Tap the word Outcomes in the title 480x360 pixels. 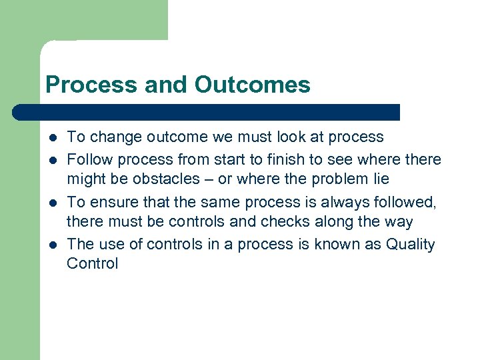[x=253, y=85]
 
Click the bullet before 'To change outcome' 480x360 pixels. [x=53, y=137]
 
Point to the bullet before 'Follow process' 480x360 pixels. [x=53, y=160]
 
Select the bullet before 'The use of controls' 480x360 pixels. [x=53, y=245]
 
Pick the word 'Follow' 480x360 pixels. [x=88, y=160]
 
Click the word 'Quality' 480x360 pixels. [x=410, y=245]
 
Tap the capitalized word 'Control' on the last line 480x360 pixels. [x=92, y=263]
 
